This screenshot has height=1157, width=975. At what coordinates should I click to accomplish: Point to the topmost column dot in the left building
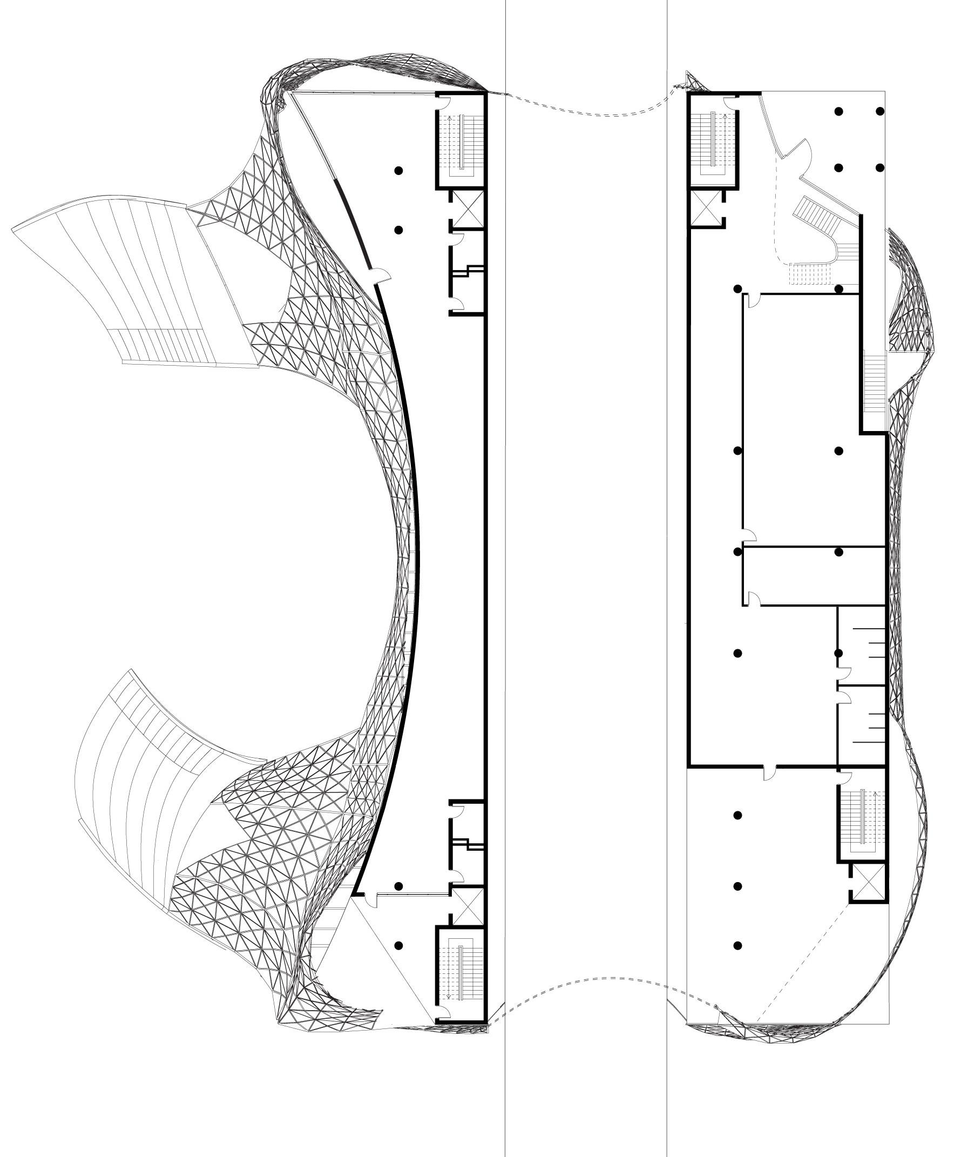pyautogui.click(x=398, y=170)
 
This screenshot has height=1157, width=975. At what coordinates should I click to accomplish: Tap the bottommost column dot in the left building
pyautogui.click(x=398, y=945)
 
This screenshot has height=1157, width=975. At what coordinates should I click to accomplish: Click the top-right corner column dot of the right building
pyautogui.click(x=879, y=111)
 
